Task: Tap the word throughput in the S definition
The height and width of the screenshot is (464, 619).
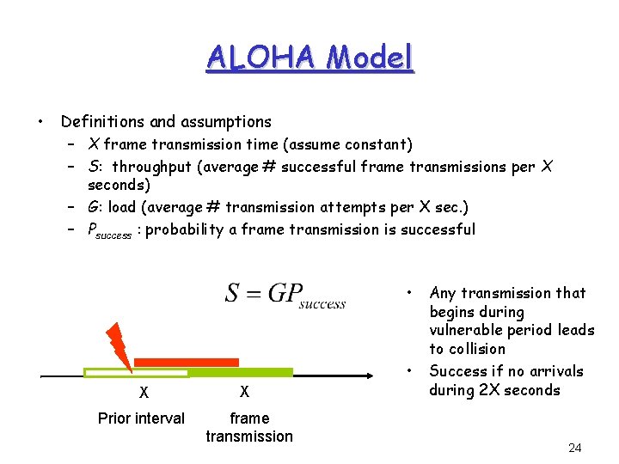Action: coord(152,167)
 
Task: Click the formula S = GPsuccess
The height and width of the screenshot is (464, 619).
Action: coord(285,294)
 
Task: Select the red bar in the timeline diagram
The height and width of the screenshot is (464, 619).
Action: coord(186,362)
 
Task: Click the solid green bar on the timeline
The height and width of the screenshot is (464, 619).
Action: coord(241,372)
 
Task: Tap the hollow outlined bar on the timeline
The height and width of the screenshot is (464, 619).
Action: coord(136,372)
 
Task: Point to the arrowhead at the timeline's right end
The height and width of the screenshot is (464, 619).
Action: coord(388,375)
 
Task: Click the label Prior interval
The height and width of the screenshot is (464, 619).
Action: coord(141,418)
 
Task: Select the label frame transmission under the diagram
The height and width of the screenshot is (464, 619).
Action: coord(249,427)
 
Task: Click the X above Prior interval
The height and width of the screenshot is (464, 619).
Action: coord(144,393)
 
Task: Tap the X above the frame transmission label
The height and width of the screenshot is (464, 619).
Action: coord(244,393)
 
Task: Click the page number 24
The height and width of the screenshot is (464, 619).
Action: coord(575,448)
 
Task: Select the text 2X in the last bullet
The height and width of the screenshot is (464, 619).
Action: coord(482,390)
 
